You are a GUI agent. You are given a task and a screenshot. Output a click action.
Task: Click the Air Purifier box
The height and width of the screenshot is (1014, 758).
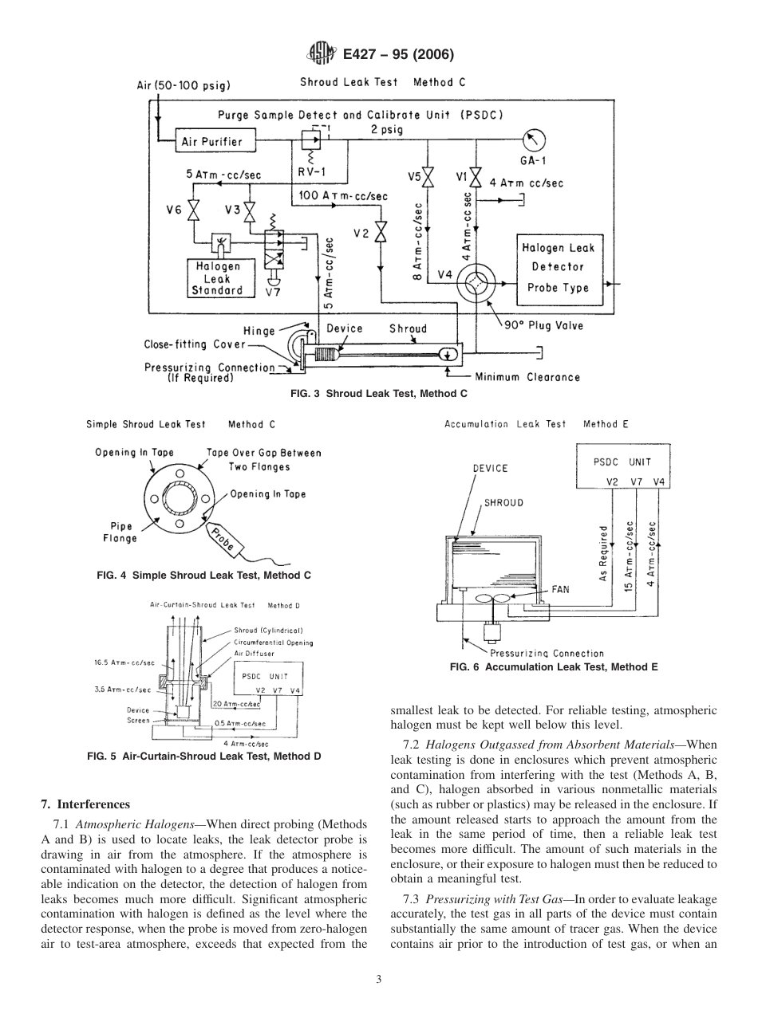coord(212,142)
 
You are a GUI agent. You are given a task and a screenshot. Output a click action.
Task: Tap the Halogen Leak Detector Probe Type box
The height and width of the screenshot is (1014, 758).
coord(559,268)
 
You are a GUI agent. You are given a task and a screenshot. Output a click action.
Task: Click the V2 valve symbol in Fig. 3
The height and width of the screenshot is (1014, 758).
coord(381,234)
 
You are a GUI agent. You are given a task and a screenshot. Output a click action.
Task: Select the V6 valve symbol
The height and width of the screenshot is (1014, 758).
coord(194,211)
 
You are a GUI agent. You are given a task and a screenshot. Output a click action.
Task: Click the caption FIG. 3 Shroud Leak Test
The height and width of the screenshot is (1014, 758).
coord(378,393)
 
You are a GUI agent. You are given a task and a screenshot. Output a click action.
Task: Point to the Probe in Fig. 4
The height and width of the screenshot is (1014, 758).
coord(226,540)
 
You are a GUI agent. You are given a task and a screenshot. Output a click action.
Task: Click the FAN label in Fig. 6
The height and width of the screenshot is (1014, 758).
coord(561,591)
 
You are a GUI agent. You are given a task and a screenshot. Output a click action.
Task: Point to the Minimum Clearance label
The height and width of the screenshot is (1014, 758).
coord(527,377)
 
